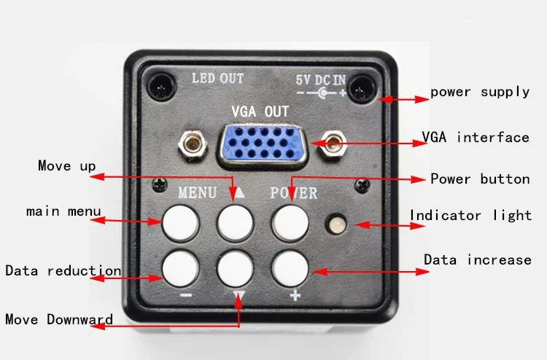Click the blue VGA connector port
coord(263,144)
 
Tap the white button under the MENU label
coord(180,224)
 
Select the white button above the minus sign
coord(180,269)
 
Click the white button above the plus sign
coord(290,269)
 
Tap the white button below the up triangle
coord(235,224)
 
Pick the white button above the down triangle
coord(235,269)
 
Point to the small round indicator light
coord(336,224)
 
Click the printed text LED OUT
coord(217,78)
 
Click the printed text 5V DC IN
coord(321,80)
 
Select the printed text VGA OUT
coord(260,111)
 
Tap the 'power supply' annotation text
coord(480,93)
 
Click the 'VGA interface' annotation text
coord(476,137)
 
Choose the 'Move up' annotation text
coord(67,166)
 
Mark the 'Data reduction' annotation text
coord(63,271)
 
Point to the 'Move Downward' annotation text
coord(59,320)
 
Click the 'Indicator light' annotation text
coord(470,216)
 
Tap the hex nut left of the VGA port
coord(193,144)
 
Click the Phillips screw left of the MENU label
coord(160,184)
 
